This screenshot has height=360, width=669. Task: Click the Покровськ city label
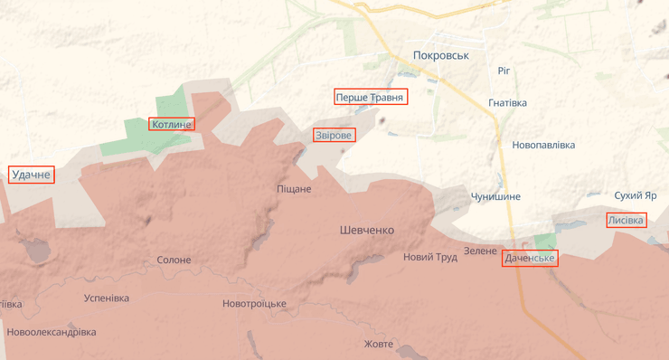440,55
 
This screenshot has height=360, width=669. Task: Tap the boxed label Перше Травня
371,97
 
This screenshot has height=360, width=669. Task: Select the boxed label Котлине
172,124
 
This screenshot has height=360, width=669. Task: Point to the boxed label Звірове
334,135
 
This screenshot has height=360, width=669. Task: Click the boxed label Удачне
32,175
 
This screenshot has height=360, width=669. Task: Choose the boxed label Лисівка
626,220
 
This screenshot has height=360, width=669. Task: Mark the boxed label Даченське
530,259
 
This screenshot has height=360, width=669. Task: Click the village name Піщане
294,189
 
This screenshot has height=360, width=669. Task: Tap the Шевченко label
367,231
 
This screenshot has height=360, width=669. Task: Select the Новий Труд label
430,257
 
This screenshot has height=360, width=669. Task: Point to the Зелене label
480,251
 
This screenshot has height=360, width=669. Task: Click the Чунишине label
495,197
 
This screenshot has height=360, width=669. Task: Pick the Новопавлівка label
543,145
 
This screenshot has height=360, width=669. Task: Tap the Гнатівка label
507,103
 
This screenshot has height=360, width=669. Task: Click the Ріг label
504,71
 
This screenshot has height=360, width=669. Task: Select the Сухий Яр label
635,195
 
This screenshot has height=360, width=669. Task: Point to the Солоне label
174,261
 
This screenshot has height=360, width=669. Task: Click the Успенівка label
106,298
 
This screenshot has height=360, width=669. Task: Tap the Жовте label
379,345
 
